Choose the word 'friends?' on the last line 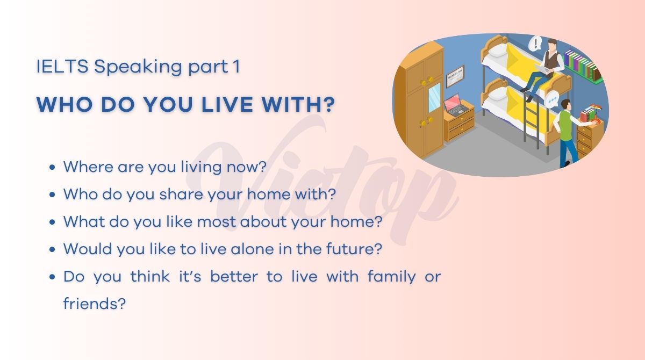tap(95, 304)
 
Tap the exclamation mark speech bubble tap(535, 44)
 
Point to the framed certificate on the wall tap(455, 76)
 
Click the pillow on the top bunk tap(497, 52)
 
